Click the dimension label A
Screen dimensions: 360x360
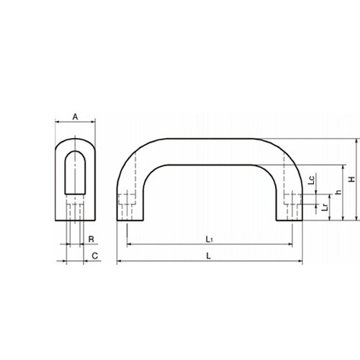(75, 117)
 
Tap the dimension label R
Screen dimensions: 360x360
(91, 239)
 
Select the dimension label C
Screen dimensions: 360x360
(95, 256)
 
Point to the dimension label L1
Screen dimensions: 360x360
(210, 239)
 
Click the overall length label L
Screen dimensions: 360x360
(209, 256)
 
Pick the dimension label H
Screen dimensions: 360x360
(352, 179)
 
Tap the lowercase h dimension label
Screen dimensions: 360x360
(338, 192)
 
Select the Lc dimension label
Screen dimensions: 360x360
(311, 180)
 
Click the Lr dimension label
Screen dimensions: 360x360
(325, 207)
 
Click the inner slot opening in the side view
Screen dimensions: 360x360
(75, 173)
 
